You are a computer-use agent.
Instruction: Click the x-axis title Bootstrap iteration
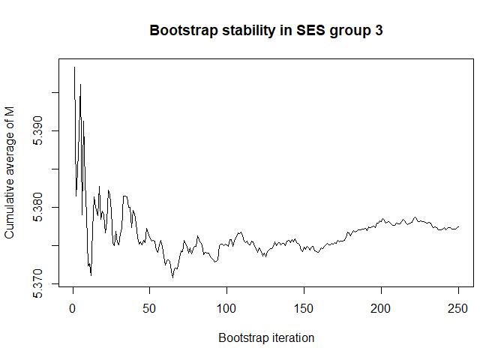[x=266, y=338]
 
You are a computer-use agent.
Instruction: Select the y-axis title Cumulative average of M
[x=10, y=180]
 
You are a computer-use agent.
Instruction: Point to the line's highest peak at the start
[x=74, y=67]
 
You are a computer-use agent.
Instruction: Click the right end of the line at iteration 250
[x=458, y=226]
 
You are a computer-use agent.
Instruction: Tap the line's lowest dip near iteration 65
[x=173, y=277]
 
